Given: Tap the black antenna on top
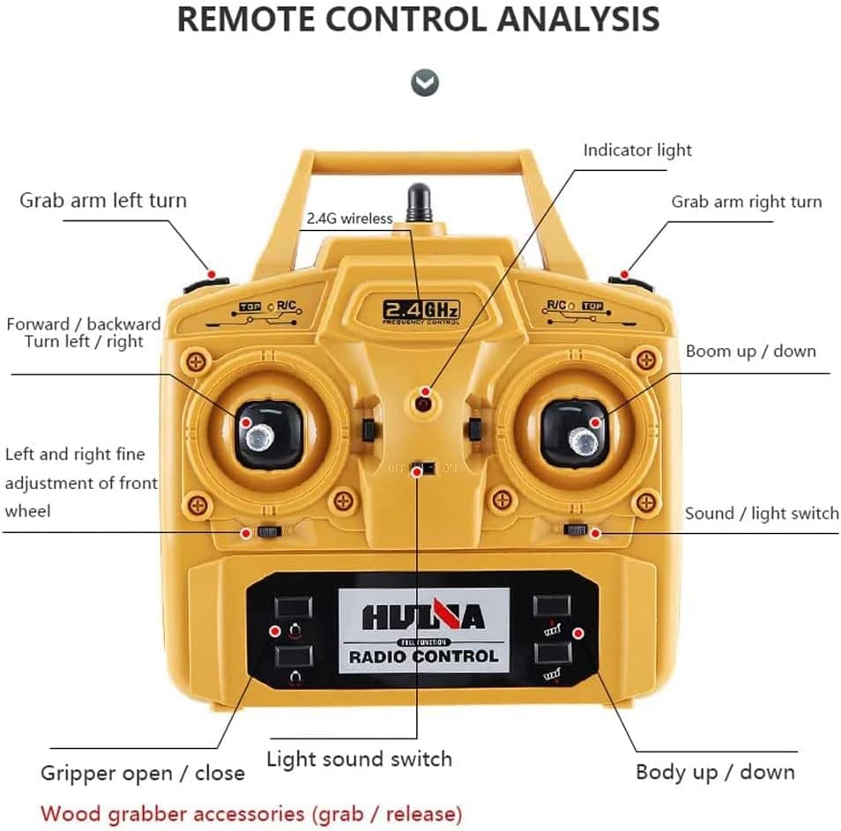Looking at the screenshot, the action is (419, 203).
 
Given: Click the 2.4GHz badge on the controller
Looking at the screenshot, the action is (421, 311).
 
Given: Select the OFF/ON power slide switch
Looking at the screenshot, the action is (426, 467).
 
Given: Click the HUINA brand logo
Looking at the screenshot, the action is (423, 616).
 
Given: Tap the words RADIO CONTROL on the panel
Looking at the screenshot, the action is (423, 656).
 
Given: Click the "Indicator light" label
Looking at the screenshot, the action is (637, 151).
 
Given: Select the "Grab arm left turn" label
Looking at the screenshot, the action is (103, 200).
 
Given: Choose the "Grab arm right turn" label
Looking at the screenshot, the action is (746, 202).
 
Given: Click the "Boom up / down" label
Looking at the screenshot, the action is (750, 351).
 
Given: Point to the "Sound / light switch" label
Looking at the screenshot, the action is (762, 513).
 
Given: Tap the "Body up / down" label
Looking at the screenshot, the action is (715, 772).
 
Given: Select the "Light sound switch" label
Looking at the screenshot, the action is (359, 759).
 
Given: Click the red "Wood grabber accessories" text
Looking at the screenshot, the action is (251, 812).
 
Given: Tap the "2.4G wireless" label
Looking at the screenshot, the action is (349, 219).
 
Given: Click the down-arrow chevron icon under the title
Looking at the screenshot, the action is (425, 83).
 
